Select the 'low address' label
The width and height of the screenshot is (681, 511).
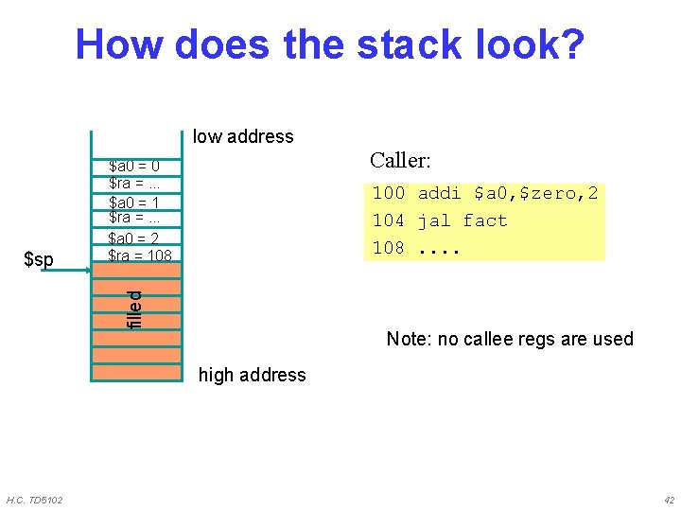tap(243, 136)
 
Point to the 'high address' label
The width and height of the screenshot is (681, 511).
tap(252, 375)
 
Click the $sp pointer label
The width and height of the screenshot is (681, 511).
tap(38, 259)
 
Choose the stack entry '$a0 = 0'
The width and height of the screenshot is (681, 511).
tap(134, 167)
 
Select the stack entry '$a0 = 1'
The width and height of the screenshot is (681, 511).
tap(134, 203)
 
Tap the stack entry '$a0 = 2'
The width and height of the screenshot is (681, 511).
tap(134, 238)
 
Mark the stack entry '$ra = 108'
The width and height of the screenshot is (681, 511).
tap(140, 255)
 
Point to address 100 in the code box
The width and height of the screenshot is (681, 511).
tap(388, 193)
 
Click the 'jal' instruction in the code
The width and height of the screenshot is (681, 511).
tap(434, 220)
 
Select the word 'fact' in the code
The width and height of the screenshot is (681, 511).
tap(485, 220)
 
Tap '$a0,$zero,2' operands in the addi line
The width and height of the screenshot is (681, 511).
tap(535, 193)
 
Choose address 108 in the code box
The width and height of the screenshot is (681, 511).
tap(388, 248)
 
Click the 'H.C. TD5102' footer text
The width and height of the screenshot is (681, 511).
tap(35, 500)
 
